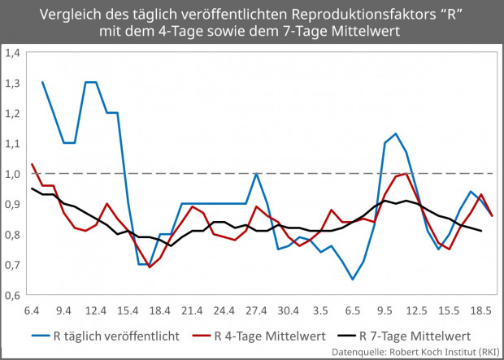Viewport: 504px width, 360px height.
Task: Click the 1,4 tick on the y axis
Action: [12, 52]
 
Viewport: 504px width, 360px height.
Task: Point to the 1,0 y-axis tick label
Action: [12, 173]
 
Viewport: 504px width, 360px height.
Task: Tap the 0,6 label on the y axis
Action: [12, 295]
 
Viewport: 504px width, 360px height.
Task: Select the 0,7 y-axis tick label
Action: [12, 265]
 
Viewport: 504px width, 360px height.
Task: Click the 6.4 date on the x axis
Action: [33, 310]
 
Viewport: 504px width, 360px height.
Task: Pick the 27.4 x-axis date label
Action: [256, 310]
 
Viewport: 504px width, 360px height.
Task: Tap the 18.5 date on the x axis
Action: [481, 310]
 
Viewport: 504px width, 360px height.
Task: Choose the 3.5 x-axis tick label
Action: [321, 310]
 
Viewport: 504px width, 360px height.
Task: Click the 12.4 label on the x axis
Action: [96, 310]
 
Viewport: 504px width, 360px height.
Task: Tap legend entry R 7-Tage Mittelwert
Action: [427, 335]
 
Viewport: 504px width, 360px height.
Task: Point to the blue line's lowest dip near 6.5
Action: [353, 280]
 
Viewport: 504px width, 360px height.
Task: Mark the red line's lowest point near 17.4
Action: [150, 267]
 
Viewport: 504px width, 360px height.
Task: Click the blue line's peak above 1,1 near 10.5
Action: [395, 133]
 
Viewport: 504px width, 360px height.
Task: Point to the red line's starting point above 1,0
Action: [33, 164]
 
